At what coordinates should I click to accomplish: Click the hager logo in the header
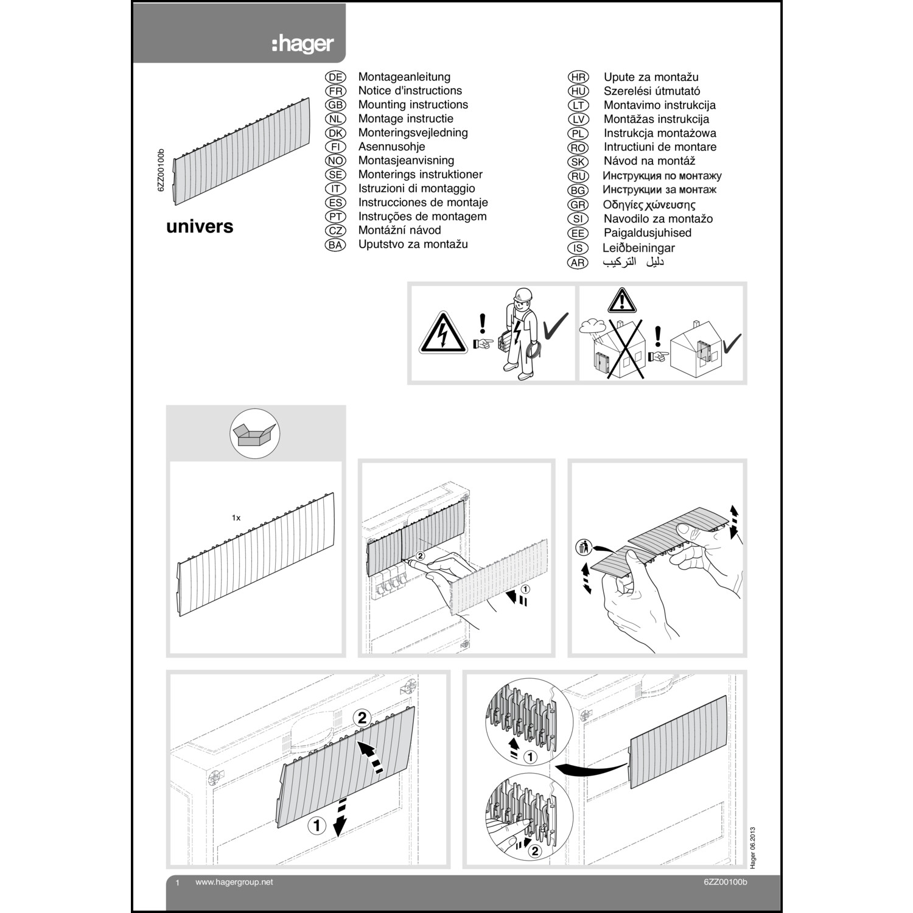click(303, 44)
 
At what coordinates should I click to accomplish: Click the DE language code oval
click(335, 77)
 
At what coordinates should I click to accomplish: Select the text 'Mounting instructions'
click(413, 105)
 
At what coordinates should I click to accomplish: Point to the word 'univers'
click(200, 226)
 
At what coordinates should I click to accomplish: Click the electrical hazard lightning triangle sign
click(443, 334)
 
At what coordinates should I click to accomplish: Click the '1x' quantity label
click(236, 517)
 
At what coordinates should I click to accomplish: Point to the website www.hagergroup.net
click(234, 883)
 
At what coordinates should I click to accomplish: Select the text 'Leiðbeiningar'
click(638, 248)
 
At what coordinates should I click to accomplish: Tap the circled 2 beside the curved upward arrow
click(362, 718)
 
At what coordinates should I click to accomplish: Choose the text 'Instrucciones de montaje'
click(423, 203)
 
